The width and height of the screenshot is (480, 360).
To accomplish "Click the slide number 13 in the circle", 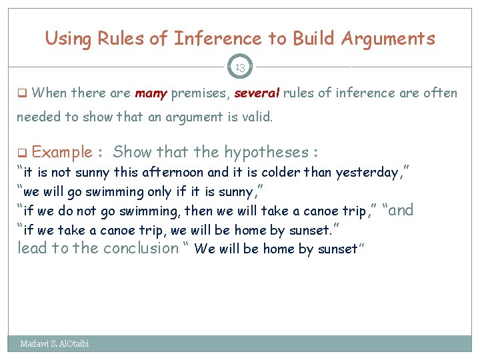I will pos(240,67).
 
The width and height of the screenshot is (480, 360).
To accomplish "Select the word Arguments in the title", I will pos(387,39).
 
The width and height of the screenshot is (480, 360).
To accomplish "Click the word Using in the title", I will pos(67,39).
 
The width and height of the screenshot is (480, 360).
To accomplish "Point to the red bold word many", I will pos(151,93).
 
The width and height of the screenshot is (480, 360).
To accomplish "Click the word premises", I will pos(197,93).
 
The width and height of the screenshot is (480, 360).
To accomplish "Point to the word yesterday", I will pos(368,173).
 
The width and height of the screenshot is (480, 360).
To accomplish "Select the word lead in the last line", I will pos(31,249).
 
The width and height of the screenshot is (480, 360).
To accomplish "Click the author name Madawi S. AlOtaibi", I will pos(55,344).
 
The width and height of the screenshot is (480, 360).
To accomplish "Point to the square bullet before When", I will pos(21,93).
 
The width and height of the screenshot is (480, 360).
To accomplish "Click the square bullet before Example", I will pos(21,153).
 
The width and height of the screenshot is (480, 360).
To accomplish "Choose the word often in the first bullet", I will pos(441,93).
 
